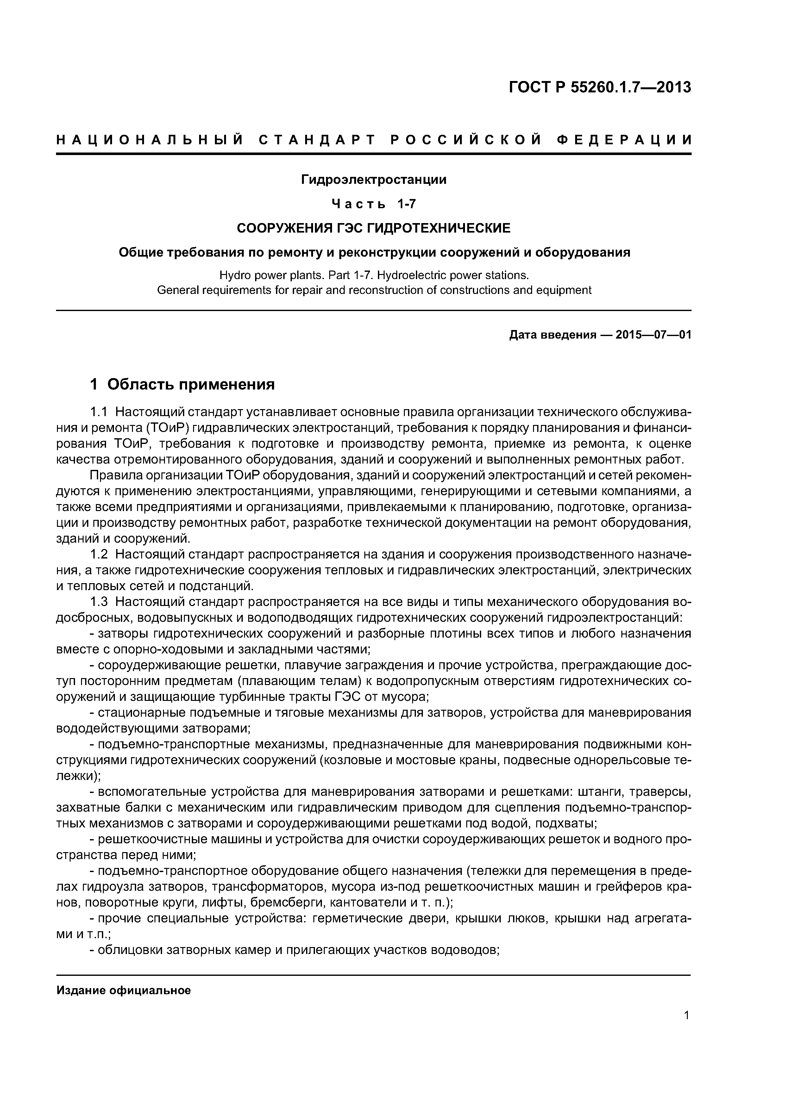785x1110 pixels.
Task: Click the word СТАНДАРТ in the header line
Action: pos(317,140)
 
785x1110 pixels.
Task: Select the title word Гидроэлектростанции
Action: pos(374,180)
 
